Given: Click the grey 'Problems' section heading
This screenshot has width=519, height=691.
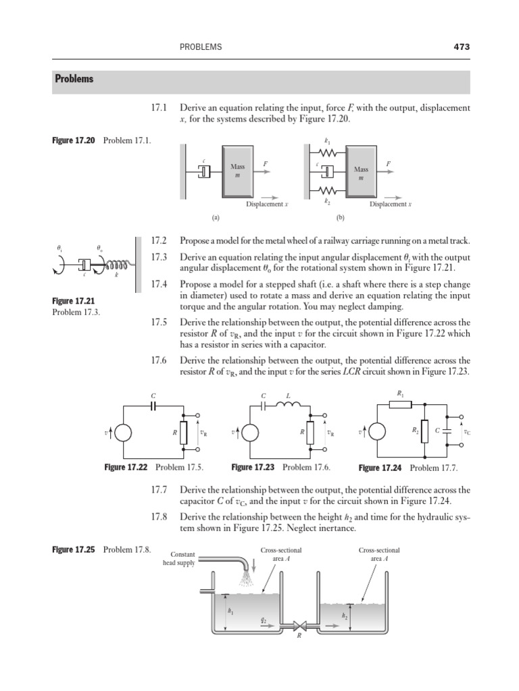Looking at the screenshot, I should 74,79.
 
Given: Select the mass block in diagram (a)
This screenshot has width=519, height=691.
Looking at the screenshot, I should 237,171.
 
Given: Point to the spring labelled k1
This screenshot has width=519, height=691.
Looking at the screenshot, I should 327,154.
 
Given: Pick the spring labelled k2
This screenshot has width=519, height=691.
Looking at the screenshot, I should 327,190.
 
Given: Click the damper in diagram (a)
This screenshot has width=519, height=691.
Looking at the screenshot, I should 204,171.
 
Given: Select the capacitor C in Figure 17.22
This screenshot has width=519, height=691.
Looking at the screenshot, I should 154,406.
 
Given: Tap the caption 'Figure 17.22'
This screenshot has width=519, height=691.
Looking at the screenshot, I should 126,467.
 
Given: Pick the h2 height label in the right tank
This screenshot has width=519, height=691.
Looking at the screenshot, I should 344,616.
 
